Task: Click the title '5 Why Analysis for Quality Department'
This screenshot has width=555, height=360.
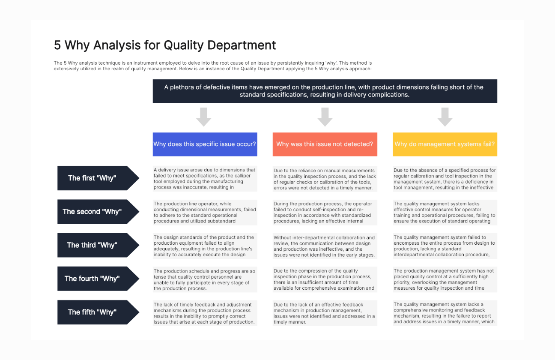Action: [x=165, y=45]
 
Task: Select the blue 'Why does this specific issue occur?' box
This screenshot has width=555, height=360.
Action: [x=205, y=144]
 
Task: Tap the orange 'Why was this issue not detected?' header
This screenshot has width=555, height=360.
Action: [x=325, y=144]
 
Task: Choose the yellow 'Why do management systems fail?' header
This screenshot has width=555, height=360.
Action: [x=445, y=144]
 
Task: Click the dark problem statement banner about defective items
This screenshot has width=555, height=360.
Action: [x=325, y=91]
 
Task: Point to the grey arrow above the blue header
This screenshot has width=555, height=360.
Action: [x=204, y=117]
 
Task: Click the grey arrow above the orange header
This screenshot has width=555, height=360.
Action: [x=325, y=117]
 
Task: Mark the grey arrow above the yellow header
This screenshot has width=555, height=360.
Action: [x=445, y=117]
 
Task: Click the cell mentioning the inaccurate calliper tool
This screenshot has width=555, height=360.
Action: [x=205, y=179]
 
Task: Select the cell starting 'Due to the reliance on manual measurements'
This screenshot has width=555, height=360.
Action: [x=325, y=179]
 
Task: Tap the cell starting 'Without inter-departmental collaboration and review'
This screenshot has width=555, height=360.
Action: [x=325, y=246]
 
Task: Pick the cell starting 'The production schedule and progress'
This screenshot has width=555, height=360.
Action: [x=205, y=279]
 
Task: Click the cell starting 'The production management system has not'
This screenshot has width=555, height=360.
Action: [x=445, y=279]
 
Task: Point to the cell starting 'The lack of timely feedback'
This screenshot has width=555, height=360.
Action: [x=205, y=313]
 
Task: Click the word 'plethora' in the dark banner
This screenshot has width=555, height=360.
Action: [x=180, y=87]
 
